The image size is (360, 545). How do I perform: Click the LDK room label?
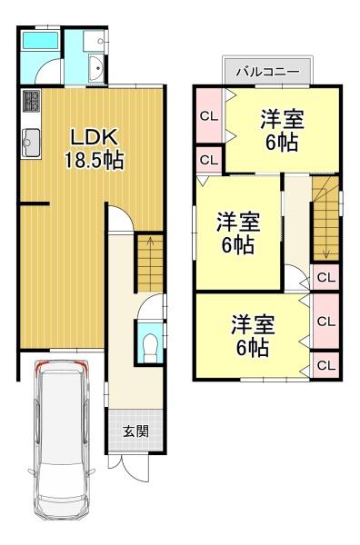coord(94,137)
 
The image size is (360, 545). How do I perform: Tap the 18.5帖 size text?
coord(95,160)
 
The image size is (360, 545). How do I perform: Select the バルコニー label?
coord(267,72)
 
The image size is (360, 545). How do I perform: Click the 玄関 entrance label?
coord(136,431)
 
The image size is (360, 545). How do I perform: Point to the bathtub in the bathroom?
coord(40,41)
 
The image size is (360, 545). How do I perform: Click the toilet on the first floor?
coord(150,348)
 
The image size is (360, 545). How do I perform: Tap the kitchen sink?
coord(31,143)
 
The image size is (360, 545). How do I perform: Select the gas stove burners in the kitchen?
coord(32,101)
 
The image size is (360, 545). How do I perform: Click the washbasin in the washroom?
coord(96,68)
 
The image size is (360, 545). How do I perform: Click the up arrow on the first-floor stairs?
coord(150,246)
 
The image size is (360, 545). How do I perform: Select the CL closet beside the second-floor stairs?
coord(325,277)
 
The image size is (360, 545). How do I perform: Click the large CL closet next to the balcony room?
coord(210,115)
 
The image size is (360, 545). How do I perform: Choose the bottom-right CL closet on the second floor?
coord(325,365)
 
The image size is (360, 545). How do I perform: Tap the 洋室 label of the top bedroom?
coord(283,119)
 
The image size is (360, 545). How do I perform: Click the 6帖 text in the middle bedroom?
coord(238,245)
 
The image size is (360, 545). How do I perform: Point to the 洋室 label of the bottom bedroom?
coord(254,325)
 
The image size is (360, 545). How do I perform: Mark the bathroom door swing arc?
coord(45,66)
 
